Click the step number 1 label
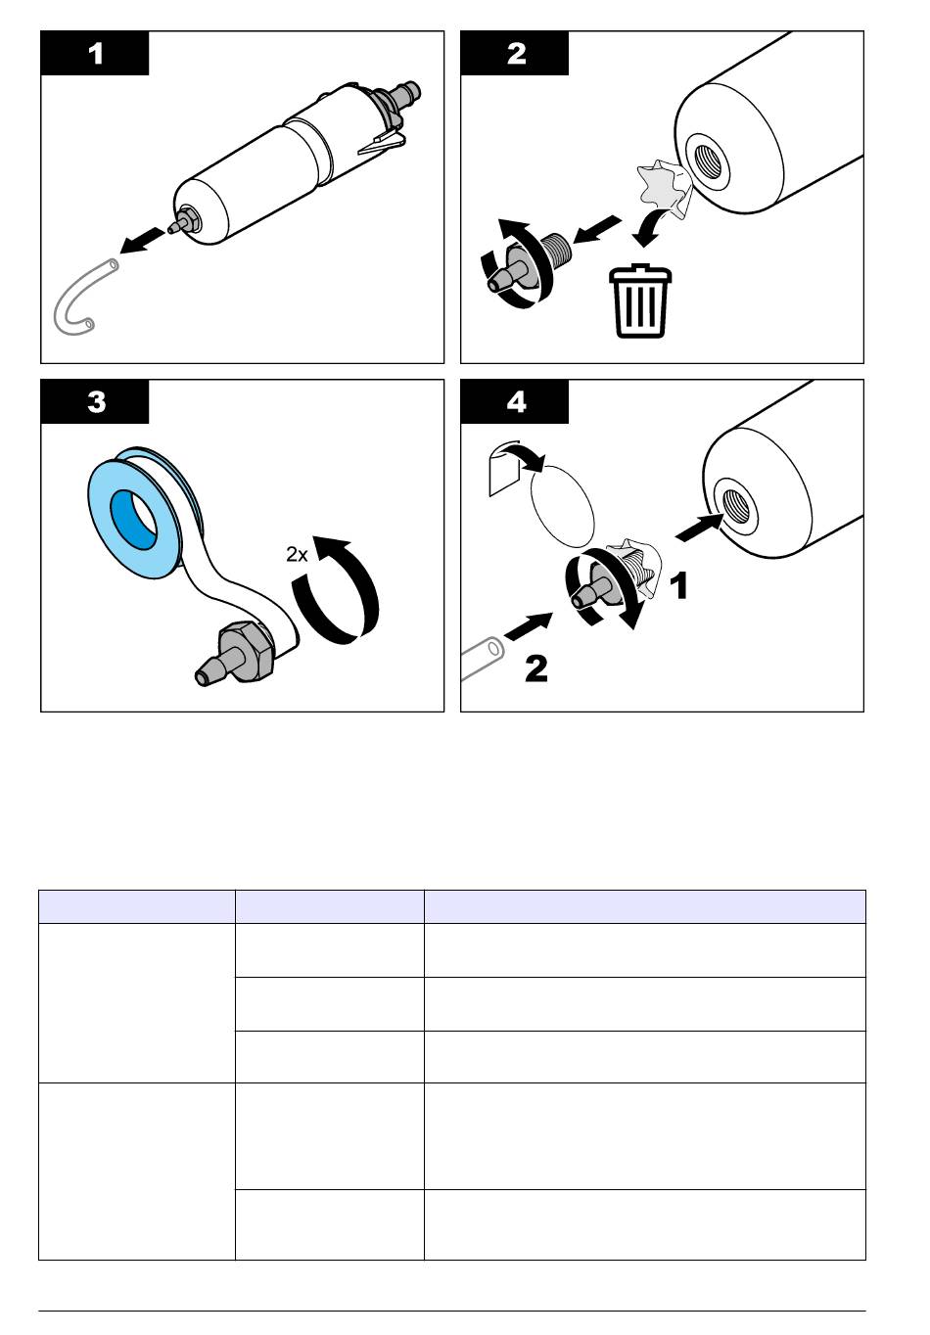pyautogui.click(x=95, y=54)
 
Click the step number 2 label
pyautogui.click(x=516, y=54)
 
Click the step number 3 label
pyautogui.click(x=96, y=402)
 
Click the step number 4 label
pyautogui.click(x=516, y=402)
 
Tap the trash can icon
pyautogui.click(x=640, y=301)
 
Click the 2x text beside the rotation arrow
pyautogui.click(x=297, y=554)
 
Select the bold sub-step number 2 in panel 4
pyautogui.click(x=535, y=668)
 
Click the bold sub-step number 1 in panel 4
pyautogui.click(x=679, y=585)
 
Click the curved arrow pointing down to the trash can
pyautogui.click(x=652, y=226)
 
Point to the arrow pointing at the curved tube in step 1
pyautogui.click(x=142, y=240)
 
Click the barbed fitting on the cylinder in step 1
pyautogui.click(x=186, y=222)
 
